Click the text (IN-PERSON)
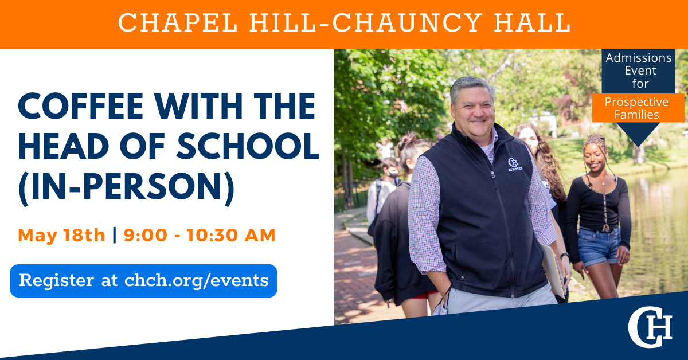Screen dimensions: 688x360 127,187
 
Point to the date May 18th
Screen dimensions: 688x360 62,235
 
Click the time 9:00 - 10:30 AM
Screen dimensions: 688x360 200,235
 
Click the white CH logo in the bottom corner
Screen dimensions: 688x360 650,327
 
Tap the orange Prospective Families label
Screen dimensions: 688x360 638,108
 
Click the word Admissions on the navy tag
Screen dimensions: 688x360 639,58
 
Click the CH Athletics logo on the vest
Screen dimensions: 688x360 515,165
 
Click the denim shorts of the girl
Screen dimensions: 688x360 599,246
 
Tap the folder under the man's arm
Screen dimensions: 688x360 553,271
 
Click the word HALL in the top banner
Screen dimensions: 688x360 532,22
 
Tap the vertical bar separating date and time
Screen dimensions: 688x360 115,235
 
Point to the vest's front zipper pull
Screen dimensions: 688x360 492,174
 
